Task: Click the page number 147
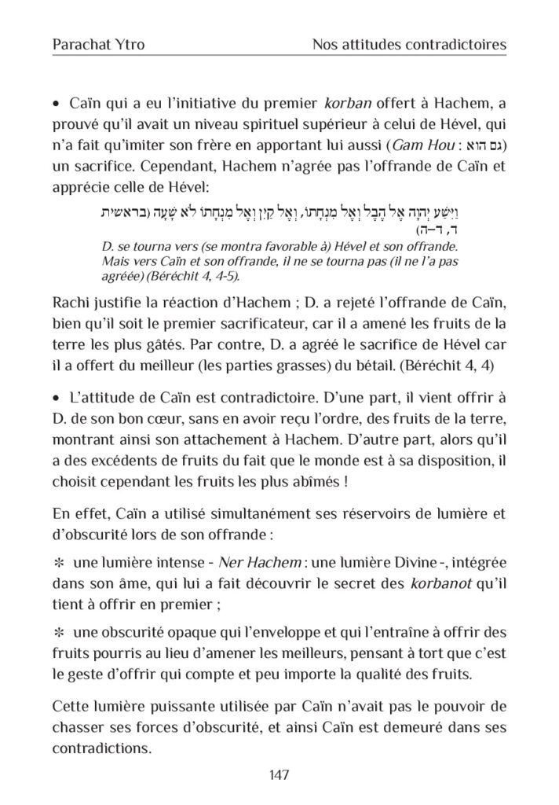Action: coord(279,774)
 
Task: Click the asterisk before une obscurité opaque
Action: coord(57,631)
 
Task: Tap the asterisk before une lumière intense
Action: coord(57,565)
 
